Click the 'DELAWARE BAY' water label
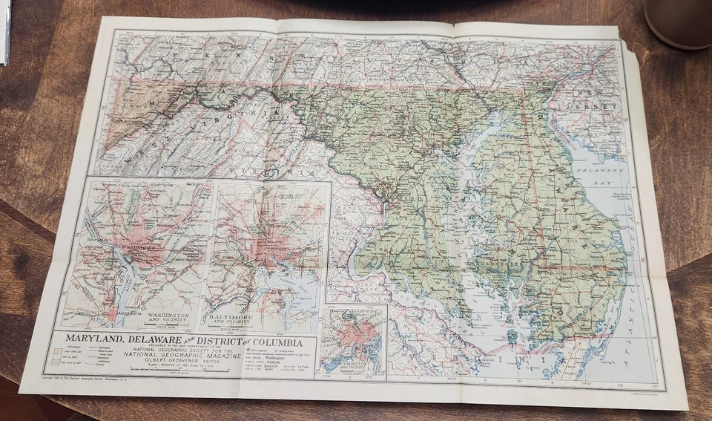click(x=607, y=174)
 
